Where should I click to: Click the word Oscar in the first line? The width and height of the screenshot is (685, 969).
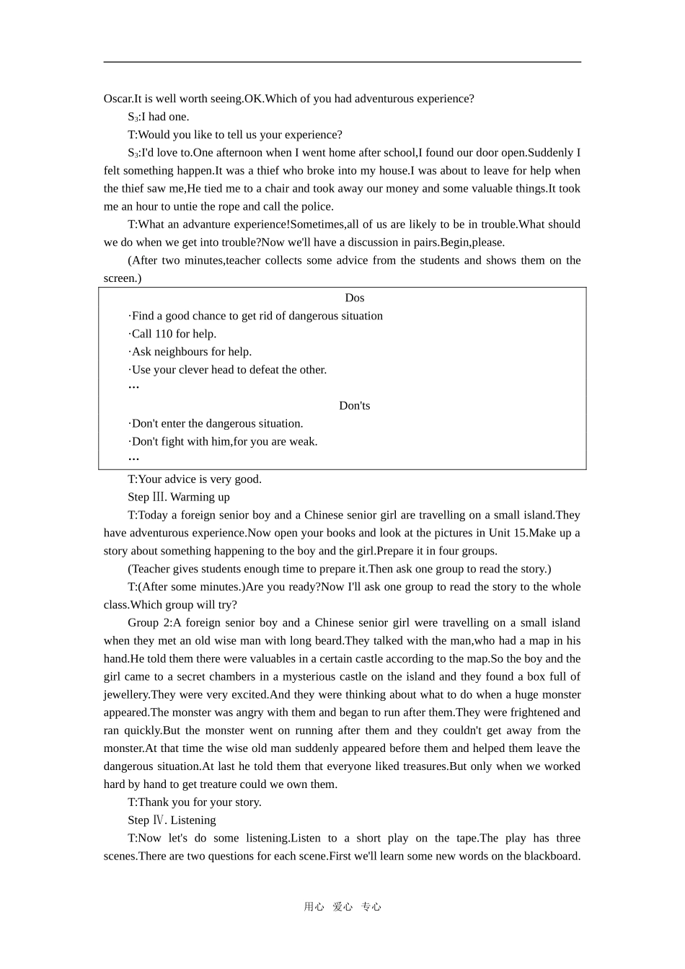pyautogui.click(x=118, y=99)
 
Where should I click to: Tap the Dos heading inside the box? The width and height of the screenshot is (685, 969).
pyautogui.click(x=355, y=298)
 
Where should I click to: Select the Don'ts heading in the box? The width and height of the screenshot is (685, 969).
pyautogui.click(x=355, y=406)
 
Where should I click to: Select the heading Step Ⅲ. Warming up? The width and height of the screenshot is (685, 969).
pyautogui.click(x=179, y=497)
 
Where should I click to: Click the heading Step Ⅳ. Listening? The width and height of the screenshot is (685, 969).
pyautogui.click(x=172, y=820)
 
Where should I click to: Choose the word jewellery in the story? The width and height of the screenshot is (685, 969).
pyautogui.click(x=125, y=694)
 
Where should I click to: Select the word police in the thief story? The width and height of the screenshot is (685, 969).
pyautogui.click(x=317, y=206)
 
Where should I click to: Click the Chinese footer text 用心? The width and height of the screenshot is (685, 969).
pyautogui.click(x=314, y=907)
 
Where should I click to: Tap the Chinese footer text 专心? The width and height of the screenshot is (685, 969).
pyautogui.click(x=371, y=907)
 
